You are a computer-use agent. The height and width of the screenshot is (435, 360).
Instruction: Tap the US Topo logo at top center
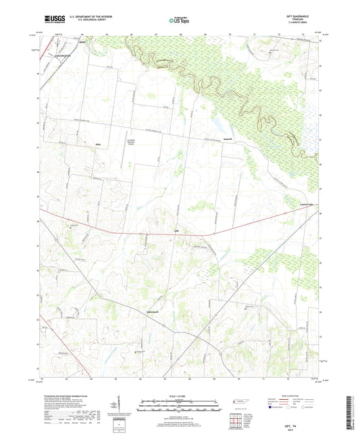(179, 21)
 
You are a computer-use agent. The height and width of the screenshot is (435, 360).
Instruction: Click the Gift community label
(177, 232)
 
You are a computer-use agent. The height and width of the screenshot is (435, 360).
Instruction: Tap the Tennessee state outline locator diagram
(242, 401)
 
